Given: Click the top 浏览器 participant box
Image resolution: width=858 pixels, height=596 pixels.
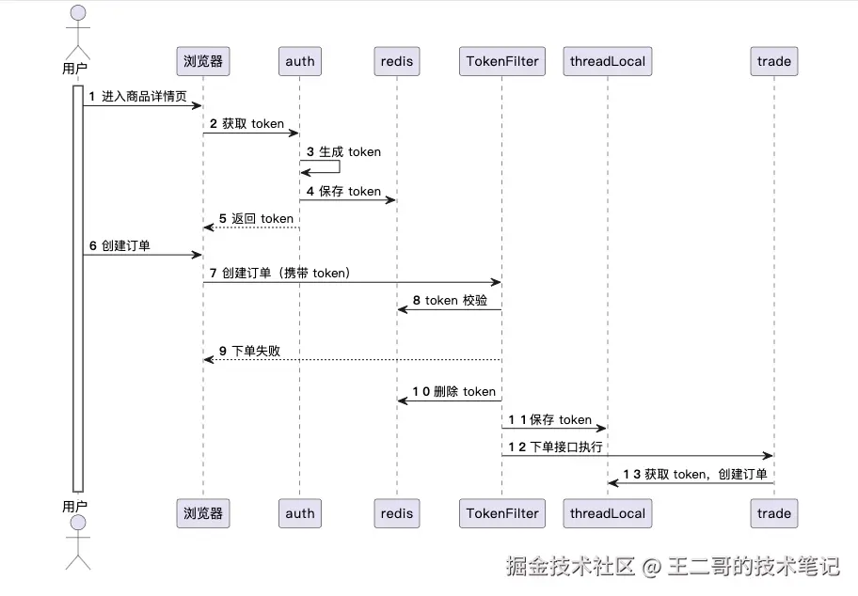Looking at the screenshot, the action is pos(203,61).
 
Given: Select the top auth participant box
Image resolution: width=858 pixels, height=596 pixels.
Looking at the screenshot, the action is pos(300,61).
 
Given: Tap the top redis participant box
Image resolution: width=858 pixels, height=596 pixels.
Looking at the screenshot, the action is pos(397,61).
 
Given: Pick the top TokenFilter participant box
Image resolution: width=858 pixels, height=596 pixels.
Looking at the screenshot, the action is pos(502,61).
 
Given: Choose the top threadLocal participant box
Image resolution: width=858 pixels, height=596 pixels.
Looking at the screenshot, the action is pos(608,61).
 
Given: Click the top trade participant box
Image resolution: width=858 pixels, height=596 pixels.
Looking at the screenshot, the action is pos(773,61).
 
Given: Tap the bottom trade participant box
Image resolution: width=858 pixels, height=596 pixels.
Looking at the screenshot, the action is pos(773,513).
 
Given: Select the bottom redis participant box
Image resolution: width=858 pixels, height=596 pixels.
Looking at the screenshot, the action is pos(397,513).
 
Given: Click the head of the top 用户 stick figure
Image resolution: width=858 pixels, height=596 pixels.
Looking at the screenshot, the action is pos(78,13).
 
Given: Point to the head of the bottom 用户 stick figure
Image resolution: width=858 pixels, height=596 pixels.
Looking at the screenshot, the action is pos(78,523).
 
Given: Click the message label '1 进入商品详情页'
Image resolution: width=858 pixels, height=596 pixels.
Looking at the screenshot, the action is pos(138,96).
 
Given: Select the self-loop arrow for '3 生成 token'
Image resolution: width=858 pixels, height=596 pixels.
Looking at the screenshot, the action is pos(340,166).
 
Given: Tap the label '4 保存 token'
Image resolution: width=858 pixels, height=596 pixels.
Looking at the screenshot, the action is pos(343,191).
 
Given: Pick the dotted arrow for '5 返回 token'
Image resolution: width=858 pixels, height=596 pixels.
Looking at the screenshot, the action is pos(251,227).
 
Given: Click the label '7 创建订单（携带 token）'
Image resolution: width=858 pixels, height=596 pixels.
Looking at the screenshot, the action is pos(280,273).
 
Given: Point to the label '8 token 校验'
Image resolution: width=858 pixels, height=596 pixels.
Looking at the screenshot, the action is pos(450,300).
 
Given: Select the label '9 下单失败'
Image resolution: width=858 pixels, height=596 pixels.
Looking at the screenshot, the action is pos(249,351).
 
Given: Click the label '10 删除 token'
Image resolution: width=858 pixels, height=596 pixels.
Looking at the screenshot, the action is pos(454,391).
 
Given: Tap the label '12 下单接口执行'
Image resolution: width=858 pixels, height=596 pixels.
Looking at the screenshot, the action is pos(555,447).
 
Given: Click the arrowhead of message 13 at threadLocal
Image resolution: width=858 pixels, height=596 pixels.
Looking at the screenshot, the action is pos(612,483).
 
